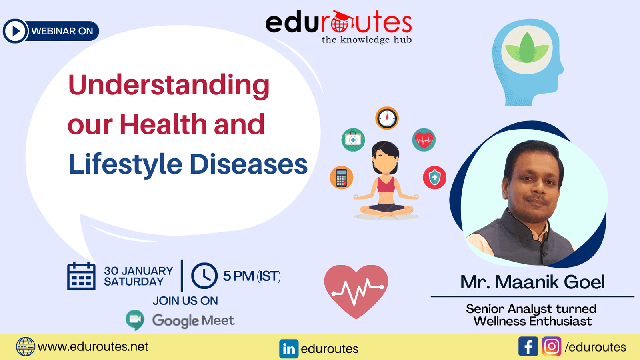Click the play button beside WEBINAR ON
[15, 31]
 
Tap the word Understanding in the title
[168, 86]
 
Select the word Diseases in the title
[248, 164]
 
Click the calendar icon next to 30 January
[82, 276]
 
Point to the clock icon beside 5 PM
[204, 276]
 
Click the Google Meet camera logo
[135, 320]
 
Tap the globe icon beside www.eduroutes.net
[26, 346]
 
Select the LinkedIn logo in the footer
[289, 348]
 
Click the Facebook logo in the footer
[528, 346]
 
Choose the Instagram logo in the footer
[552, 346]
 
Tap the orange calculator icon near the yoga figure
[342, 178]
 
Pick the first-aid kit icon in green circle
[353, 140]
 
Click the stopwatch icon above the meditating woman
[387, 118]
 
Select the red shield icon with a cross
[434, 178]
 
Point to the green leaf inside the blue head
[527, 48]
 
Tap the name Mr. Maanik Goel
[532, 282]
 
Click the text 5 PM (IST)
[252, 276]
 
